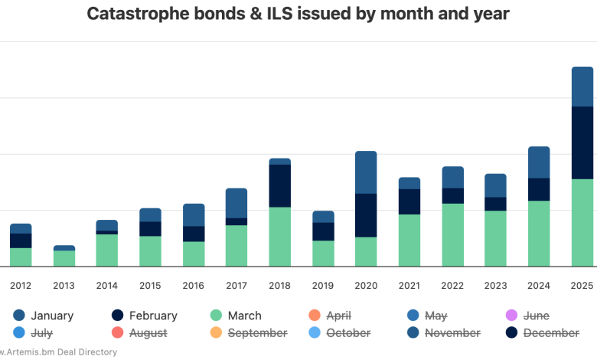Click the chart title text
point(298,13)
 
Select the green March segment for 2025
point(582,222)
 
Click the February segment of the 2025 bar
point(582,142)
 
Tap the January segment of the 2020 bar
point(366,172)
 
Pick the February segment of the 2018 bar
point(279,185)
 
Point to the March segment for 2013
point(64,258)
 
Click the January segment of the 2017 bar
point(237,203)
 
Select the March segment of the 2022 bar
point(452,234)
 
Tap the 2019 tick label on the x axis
point(323,286)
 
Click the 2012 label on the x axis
point(21,286)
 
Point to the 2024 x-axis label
point(539,286)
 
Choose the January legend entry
point(51,316)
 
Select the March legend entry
point(243,316)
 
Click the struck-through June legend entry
point(536,316)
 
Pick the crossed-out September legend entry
point(257,333)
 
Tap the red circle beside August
point(118,333)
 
